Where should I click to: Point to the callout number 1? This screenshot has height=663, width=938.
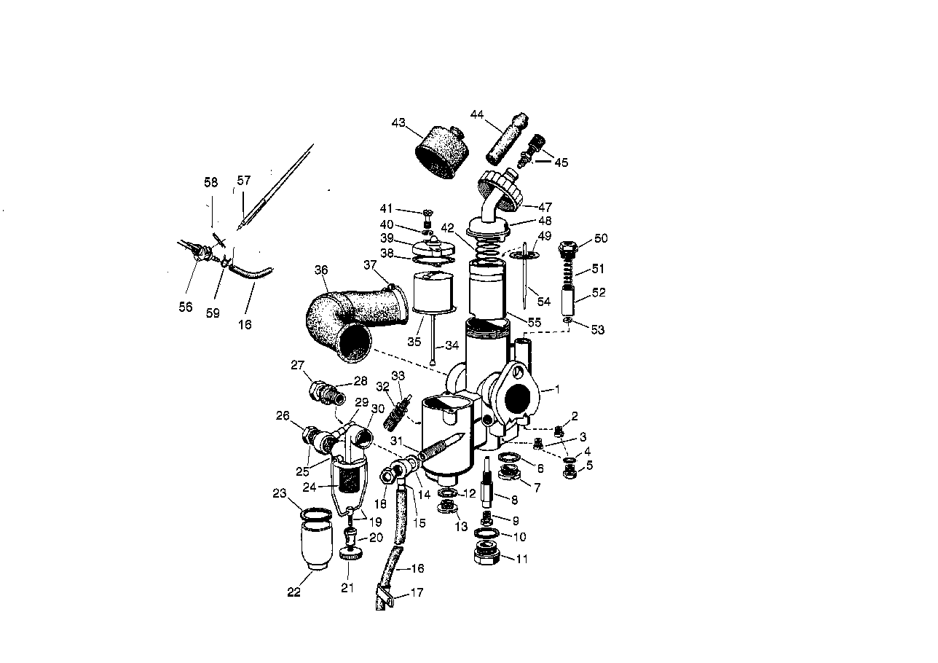tap(557, 390)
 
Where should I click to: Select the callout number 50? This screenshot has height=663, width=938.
tap(601, 239)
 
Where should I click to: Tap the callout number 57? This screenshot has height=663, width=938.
tap(243, 181)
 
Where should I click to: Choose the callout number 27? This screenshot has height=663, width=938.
tap(296, 365)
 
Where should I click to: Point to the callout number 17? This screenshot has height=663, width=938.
tap(417, 593)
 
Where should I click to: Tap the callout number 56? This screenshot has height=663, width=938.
tap(186, 307)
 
